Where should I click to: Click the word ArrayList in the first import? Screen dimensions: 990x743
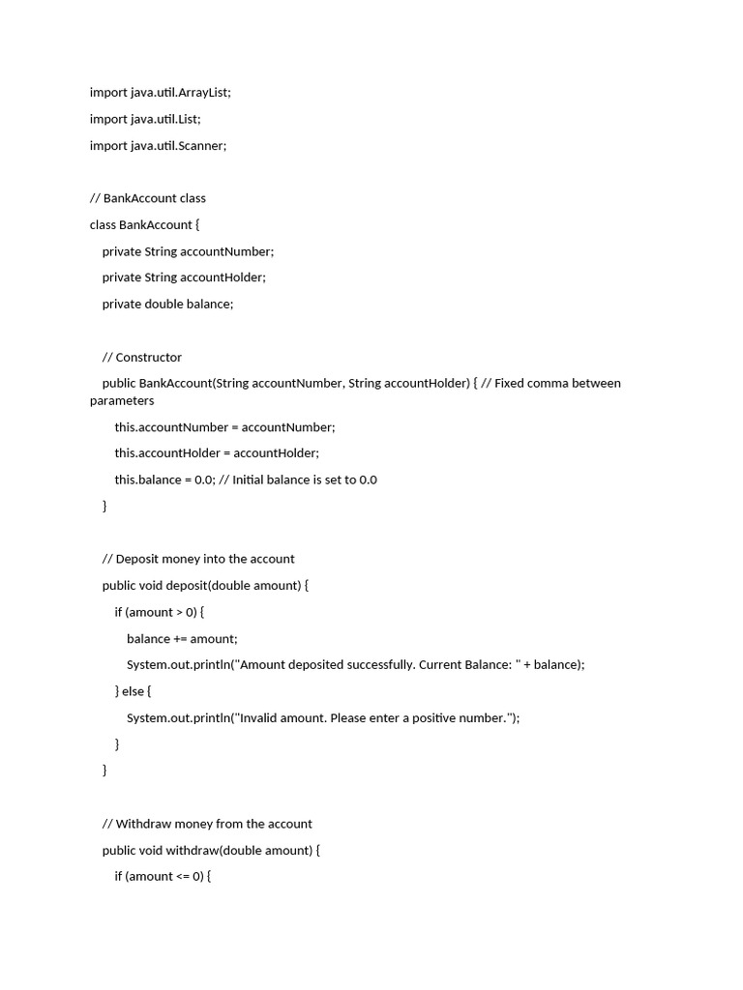click(x=205, y=93)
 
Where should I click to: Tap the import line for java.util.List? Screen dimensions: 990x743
click(x=145, y=119)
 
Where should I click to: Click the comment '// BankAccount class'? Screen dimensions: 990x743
click(x=147, y=198)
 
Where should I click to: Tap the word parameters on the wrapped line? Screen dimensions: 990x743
click(x=122, y=400)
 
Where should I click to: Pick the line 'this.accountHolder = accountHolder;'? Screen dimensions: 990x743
click(x=217, y=452)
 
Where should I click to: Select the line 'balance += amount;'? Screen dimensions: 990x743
click(x=182, y=638)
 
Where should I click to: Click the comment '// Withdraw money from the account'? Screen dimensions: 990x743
click(x=207, y=824)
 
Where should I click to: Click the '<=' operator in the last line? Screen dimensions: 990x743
click(x=185, y=876)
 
